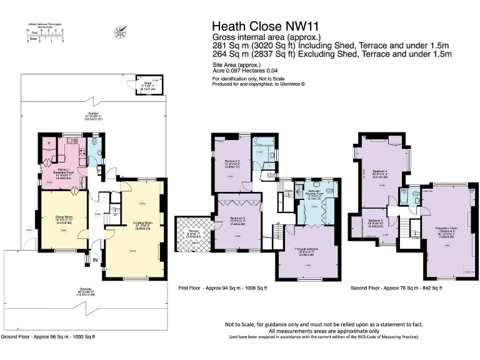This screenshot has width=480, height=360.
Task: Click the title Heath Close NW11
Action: (x=262, y=26)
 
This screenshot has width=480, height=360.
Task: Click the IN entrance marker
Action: (x=96, y=259)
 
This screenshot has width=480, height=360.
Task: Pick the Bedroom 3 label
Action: (x=232, y=164)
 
